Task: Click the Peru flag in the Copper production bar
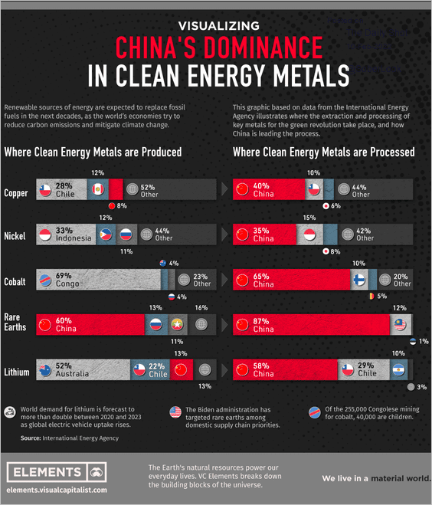tap(98, 189)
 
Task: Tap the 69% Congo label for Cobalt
tap(67, 280)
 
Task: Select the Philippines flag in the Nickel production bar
tap(106, 234)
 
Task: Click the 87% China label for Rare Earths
tap(263, 325)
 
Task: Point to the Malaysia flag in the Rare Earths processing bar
tap(400, 325)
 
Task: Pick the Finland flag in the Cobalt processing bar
tap(359, 280)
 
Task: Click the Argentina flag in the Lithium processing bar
tap(398, 369)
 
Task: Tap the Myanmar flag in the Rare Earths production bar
tap(177, 324)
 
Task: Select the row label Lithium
tap(17, 372)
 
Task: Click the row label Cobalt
tap(15, 282)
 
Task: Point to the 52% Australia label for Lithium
tap(72, 369)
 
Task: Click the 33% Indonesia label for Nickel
tap(74, 234)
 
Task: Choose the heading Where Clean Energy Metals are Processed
tap(323, 152)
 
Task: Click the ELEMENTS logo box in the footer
tap(57, 473)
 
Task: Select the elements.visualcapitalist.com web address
tap(57, 490)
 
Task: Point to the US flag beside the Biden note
tap(175, 412)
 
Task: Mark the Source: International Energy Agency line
tap(70, 438)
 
